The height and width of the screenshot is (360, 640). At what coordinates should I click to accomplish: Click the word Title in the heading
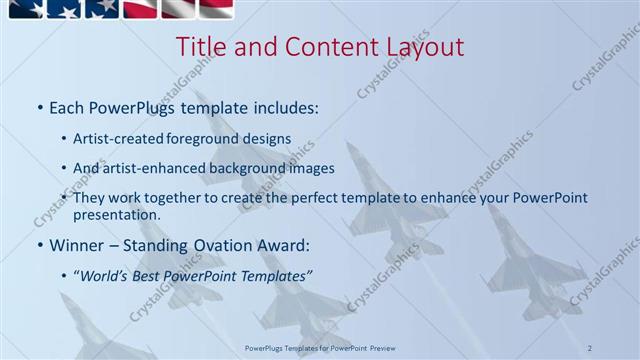[x=200, y=47]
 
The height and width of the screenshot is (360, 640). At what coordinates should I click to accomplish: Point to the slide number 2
[x=591, y=347]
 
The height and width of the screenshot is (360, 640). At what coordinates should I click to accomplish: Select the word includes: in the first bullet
[x=283, y=106]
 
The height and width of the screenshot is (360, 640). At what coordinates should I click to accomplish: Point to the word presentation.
[x=117, y=214]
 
